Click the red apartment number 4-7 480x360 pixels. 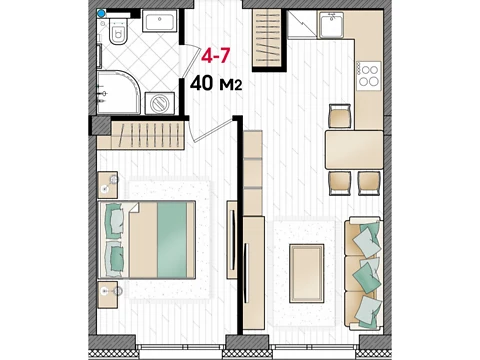216,56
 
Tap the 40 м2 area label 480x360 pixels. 216,83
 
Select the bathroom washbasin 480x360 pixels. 160,21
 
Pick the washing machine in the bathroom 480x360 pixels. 160,103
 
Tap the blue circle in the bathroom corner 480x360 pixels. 101,13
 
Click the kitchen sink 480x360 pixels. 331,25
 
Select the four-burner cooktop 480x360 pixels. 369,76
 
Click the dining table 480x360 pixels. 354,150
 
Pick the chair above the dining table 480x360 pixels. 340,116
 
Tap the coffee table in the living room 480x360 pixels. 307,273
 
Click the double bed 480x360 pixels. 147,240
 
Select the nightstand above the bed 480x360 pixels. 108,185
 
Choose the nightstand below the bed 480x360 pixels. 108,295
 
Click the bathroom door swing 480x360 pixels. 189,61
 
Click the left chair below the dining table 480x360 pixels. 340,183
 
